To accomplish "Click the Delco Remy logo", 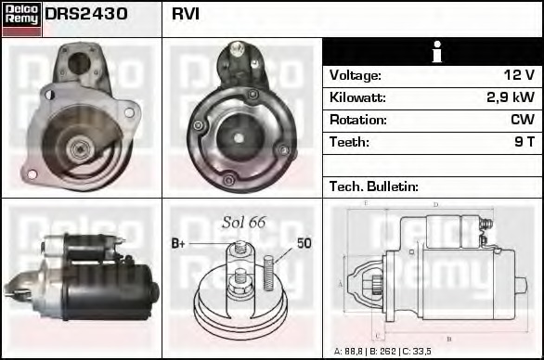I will pyautogui.click(x=21, y=18).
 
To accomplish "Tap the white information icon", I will pyautogui.click(x=432, y=52).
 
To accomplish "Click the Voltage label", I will pyautogui.click(x=356, y=75).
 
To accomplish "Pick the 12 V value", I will pyautogui.click(x=517, y=75).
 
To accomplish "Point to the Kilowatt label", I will pyautogui.click(x=357, y=97).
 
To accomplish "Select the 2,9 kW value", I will pyautogui.click(x=510, y=97).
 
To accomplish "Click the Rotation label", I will pyautogui.click(x=356, y=120).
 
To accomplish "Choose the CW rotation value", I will pyautogui.click(x=522, y=120).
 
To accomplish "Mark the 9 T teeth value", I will pyautogui.click(x=525, y=142).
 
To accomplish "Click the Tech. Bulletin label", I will pyautogui.click(x=374, y=186).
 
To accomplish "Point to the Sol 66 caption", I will pyautogui.click(x=244, y=222).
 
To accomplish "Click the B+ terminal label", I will pyautogui.click(x=179, y=243).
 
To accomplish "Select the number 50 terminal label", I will pyautogui.click(x=304, y=243).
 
